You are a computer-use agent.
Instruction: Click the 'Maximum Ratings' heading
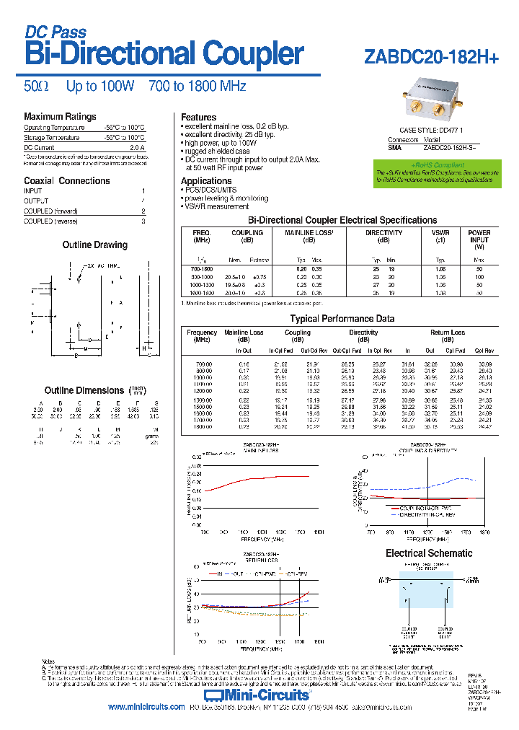pyautogui.click(x=60, y=117)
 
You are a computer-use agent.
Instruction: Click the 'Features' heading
pyautogui.click(x=198, y=117)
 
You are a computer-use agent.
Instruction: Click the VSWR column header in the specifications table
pyautogui.click(x=440, y=233)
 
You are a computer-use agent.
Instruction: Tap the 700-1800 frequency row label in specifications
pyautogui.click(x=202, y=268)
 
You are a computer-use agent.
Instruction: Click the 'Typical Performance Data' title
pyautogui.click(x=342, y=318)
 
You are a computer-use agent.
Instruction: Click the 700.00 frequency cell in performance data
pyautogui.click(x=203, y=364)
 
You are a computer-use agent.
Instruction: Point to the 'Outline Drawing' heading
pyautogui.click(x=94, y=245)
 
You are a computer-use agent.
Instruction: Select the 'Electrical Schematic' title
pyautogui.click(x=429, y=553)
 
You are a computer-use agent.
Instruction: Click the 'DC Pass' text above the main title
pyautogui.click(x=56, y=32)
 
